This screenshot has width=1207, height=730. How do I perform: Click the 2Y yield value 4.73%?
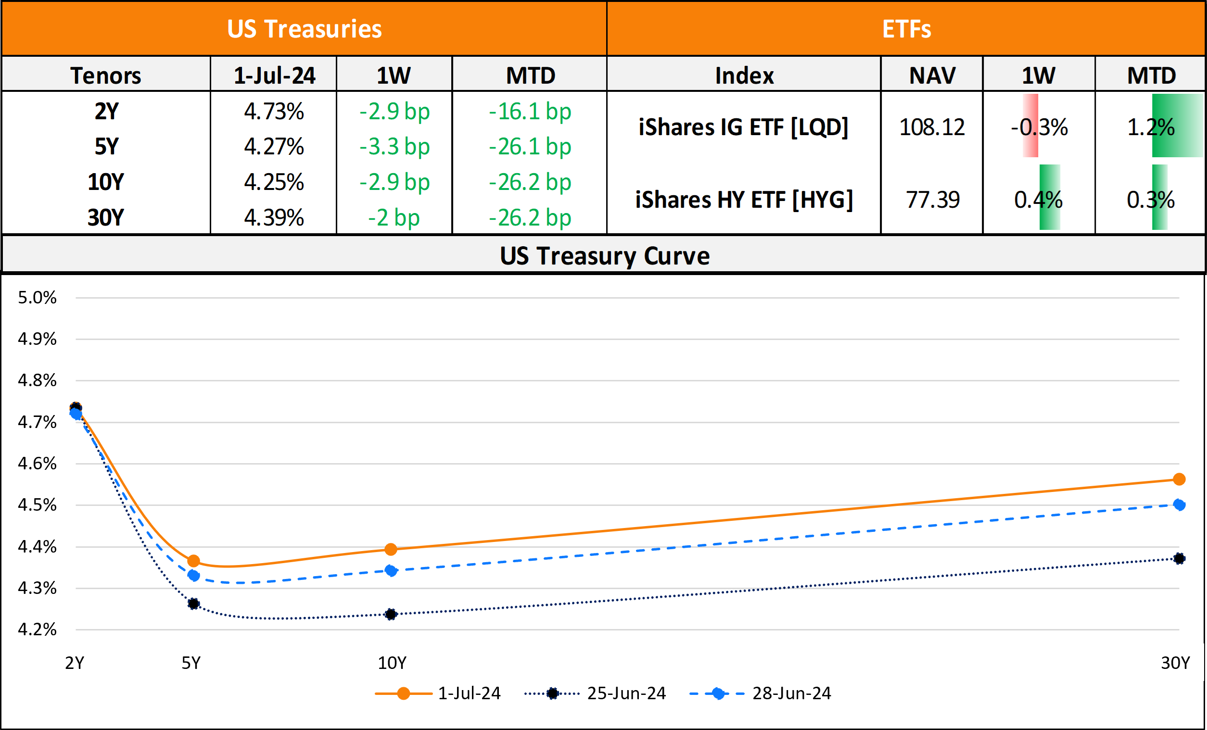pyautogui.click(x=274, y=112)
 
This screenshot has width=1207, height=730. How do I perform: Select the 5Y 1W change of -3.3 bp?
pyautogui.click(x=394, y=147)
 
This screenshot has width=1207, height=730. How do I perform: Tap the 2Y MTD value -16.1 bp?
pyautogui.click(x=530, y=112)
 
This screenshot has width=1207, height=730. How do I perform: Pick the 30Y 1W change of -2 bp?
pyautogui.click(x=394, y=218)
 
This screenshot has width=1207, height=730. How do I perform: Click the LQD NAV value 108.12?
pyautogui.click(x=932, y=127)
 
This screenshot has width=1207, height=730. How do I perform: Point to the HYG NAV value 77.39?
pyautogui.click(x=932, y=200)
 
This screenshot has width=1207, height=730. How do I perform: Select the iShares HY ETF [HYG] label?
pyautogui.click(x=744, y=200)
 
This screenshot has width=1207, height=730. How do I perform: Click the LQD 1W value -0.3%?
pyautogui.click(x=1039, y=127)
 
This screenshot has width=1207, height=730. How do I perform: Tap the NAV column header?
pyautogui.click(x=932, y=76)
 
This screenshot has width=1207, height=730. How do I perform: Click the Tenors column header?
pyautogui.click(x=106, y=76)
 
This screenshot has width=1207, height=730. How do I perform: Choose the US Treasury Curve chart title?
pyautogui.click(x=605, y=255)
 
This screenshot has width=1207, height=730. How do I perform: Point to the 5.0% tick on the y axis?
pyautogui.click(x=37, y=298)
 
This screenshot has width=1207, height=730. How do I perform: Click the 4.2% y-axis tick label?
pyautogui.click(x=37, y=629)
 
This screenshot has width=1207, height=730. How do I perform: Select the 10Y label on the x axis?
pyautogui.click(x=392, y=663)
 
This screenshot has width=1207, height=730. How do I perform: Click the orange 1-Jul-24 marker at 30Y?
pyautogui.click(x=1179, y=479)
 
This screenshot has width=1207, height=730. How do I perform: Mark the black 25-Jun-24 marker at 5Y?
pyautogui.click(x=193, y=604)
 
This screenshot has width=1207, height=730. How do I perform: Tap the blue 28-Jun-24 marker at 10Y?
pyautogui.click(x=391, y=570)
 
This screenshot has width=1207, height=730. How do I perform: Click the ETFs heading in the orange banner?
pyautogui.click(x=906, y=29)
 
